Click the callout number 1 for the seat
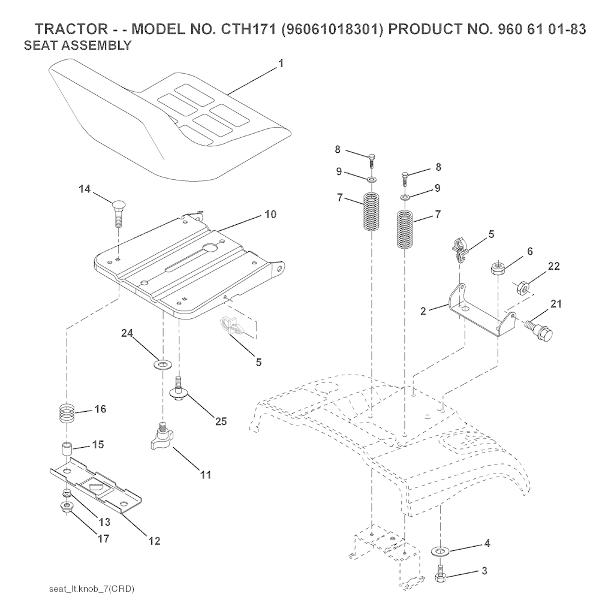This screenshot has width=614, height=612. pyautogui.click(x=281, y=64)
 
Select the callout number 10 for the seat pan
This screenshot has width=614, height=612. pyautogui.click(x=270, y=214)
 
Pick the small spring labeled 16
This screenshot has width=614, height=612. pyautogui.click(x=67, y=413)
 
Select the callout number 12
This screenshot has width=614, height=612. pyautogui.click(x=155, y=541)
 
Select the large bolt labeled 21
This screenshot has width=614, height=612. pyautogui.click(x=538, y=330)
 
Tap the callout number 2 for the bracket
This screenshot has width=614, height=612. pyautogui.click(x=423, y=311)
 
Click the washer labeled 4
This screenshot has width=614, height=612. pyautogui.click(x=441, y=551)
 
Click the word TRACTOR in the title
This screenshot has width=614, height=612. pyautogui.click(x=71, y=29)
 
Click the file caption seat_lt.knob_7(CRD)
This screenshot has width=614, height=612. pyautogui.click(x=92, y=589)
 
